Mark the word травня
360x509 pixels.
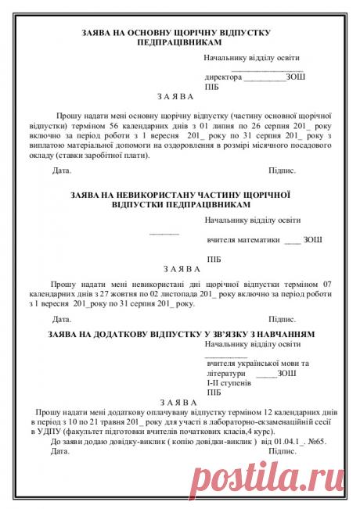coord(121,421)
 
